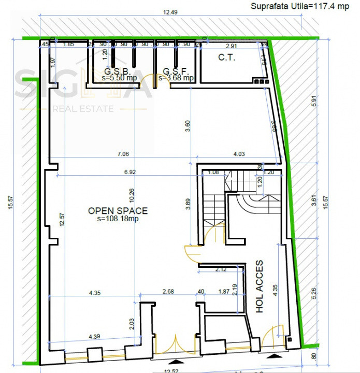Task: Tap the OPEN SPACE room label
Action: click(118, 211)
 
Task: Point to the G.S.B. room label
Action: click(117, 70)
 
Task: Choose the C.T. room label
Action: click(226, 58)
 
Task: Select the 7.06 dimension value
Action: click(122, 154)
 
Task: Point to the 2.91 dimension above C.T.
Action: click(232, 46)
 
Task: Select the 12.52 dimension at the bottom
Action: click(172, 370)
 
